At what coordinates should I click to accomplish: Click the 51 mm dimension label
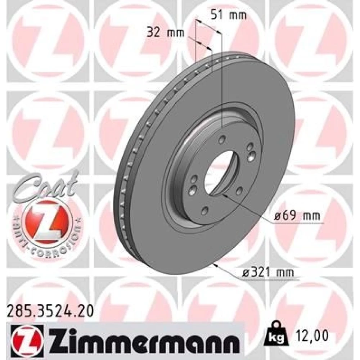point(229,15)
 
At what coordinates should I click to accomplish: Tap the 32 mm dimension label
point(166,33)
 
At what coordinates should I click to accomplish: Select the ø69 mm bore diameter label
point(297,216)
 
